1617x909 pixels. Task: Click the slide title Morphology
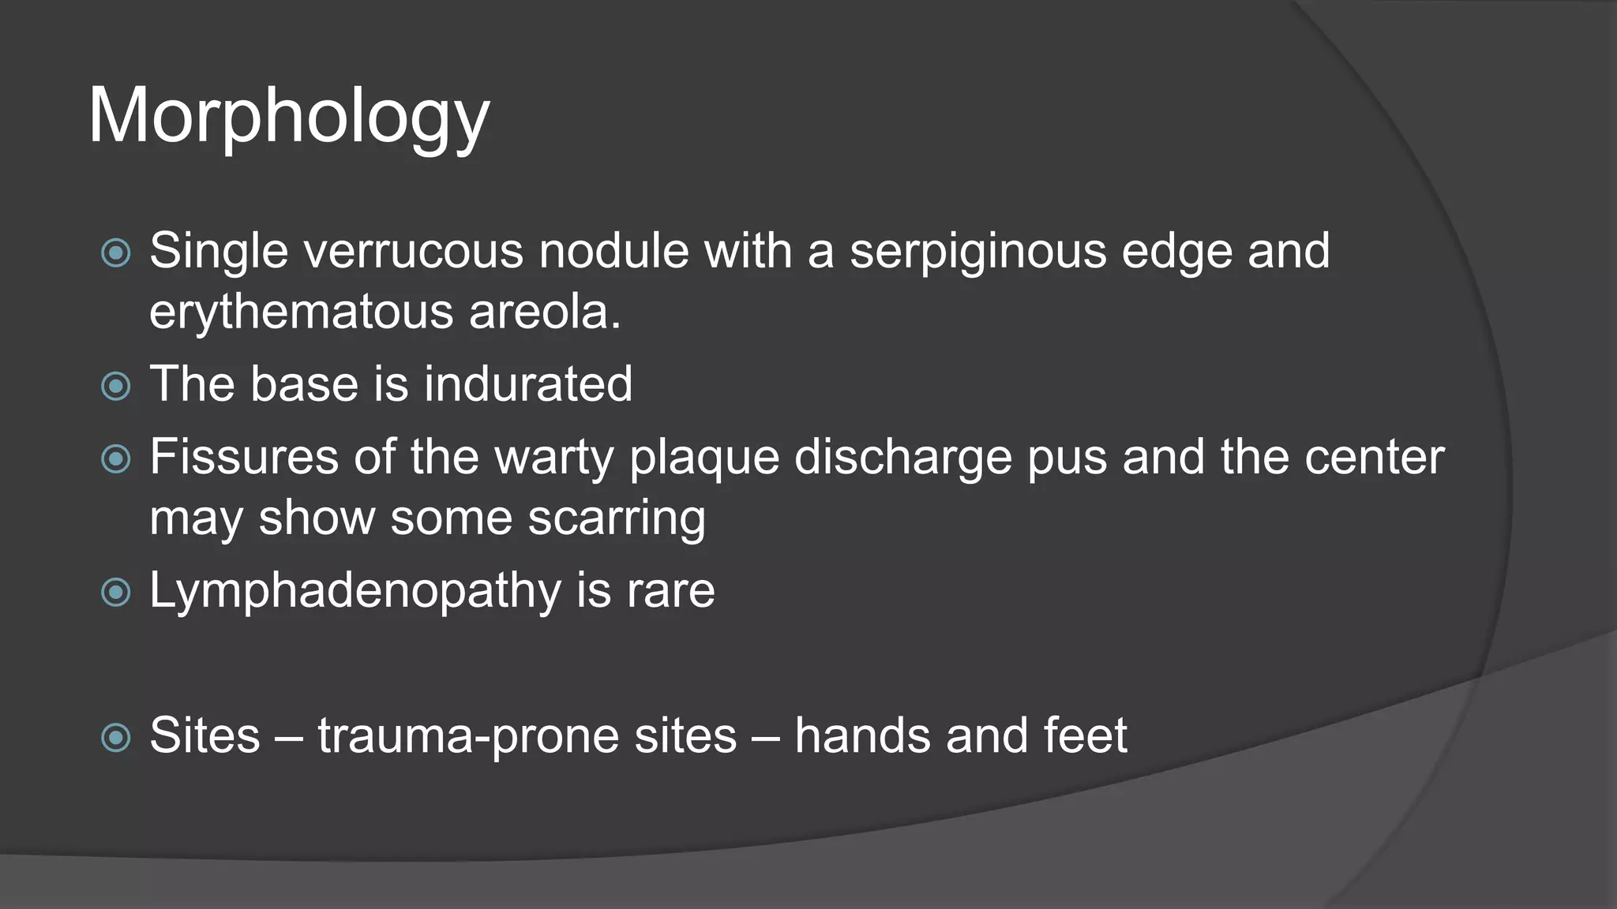click(x=288, y=117)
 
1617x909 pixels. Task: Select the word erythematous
click(x=301, y=312)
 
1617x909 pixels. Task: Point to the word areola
click(x=545, y=312)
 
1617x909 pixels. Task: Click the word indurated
click(x=527, y=383)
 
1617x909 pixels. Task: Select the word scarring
click(x=616, y=518)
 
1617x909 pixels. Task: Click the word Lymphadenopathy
click(x=355, y=590)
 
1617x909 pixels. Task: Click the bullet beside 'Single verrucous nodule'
click(x=116, y=253)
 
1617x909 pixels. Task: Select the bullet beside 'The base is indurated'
click(x=116, y=386)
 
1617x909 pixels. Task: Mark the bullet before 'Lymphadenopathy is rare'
click(x=116, y=593)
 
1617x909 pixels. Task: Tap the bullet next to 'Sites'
click(x=116, y=738)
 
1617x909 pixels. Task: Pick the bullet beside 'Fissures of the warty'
click(x=116, y=459)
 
